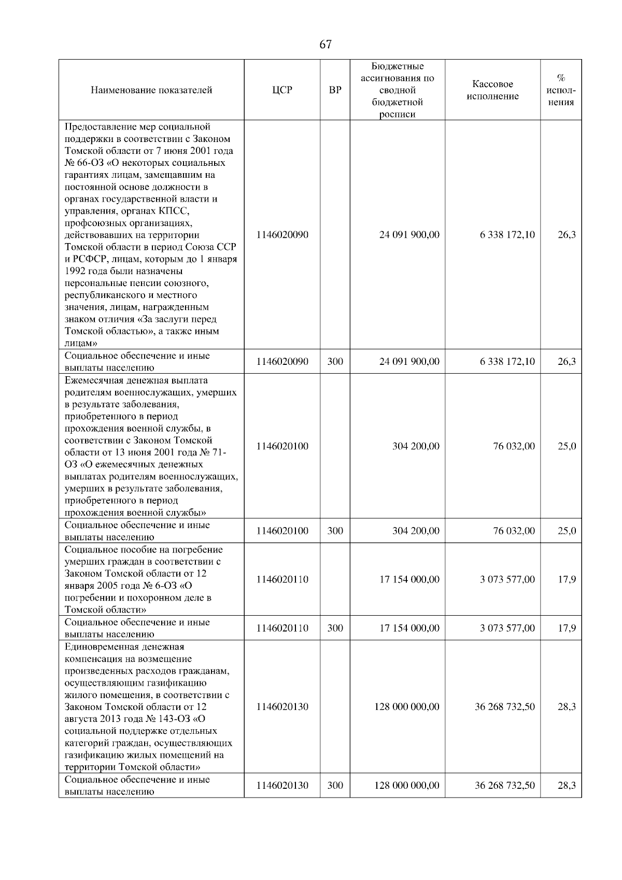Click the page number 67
[326, 45]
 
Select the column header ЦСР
[282, 90]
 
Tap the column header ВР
[335, 90]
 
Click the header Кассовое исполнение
[492, 90]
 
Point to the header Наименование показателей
[151, 90]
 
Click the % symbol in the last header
[561, 78]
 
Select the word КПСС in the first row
[172, 211]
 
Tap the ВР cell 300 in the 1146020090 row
[335, 362]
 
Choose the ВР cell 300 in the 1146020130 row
[335, 785]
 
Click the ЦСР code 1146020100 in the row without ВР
[282, 446]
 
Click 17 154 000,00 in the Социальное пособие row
[409, 579]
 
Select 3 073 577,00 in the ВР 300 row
[507, 628]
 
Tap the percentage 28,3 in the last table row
[567, 785]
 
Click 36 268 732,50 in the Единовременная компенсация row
[504, 707]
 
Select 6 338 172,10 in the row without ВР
[507, 235]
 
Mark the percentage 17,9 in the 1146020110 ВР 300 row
[567, 628]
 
